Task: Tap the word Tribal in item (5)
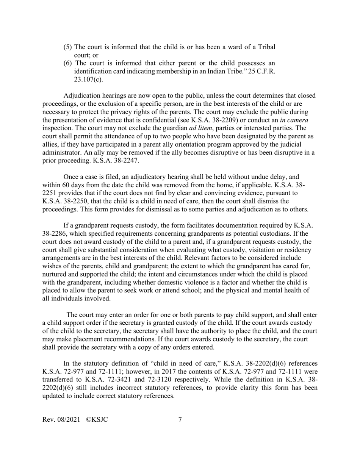coord(266,47)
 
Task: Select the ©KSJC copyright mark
coord(97,419)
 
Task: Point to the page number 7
coord(180,419)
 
